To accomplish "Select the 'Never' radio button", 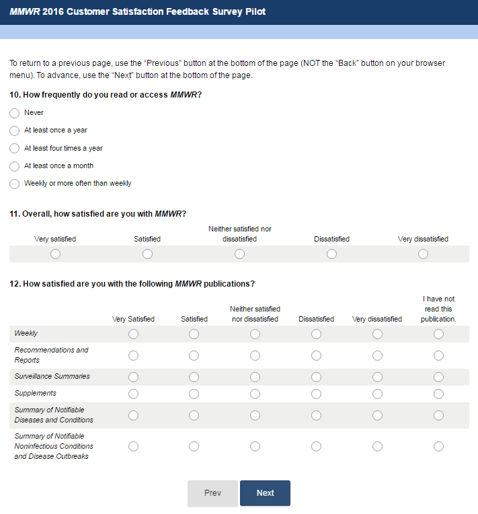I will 15,113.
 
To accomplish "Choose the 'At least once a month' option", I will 15,166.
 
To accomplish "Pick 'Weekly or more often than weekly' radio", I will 15,184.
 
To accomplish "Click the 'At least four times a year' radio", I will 15,149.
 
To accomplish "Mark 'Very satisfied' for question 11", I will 55,254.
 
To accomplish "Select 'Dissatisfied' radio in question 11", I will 331,254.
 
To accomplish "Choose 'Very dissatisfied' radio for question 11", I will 423,254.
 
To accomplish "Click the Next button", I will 265,493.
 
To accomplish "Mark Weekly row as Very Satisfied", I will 133,334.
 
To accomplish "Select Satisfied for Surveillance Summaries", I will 194,377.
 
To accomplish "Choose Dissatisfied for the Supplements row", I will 316,394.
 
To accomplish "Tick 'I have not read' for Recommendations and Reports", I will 438,355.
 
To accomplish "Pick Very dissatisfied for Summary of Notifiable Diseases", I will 377,415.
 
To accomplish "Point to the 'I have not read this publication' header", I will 438,309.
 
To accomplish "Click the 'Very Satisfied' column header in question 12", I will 133,319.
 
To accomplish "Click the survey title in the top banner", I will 138,12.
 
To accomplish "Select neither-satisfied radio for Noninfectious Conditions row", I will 255,446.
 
